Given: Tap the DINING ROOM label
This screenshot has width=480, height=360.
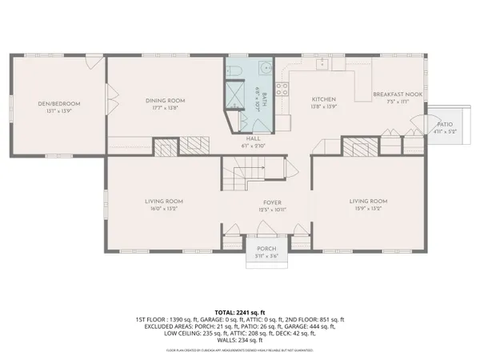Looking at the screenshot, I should coord(166,101).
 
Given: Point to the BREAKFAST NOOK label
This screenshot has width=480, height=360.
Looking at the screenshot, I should coord(391,94).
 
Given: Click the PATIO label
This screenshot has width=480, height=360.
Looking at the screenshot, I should coord(446,126).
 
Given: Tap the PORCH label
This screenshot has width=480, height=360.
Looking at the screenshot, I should coord(266,248).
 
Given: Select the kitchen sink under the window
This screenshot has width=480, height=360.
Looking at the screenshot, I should coord(323,62).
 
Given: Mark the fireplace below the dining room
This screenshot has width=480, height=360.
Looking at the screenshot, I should coord(166,146).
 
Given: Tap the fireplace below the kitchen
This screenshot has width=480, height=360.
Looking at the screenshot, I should coord(353,146).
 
